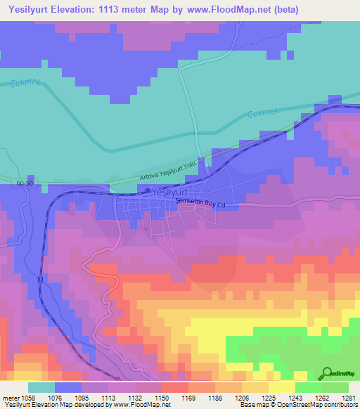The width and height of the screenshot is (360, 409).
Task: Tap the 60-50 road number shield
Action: [22, 184]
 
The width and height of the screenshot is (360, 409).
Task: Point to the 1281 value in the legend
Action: [347, 397]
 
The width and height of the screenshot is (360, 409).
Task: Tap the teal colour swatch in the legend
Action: [41, 387]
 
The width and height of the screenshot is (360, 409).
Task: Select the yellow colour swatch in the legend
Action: [281, 387]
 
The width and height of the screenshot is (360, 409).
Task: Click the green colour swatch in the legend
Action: [308, 387]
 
